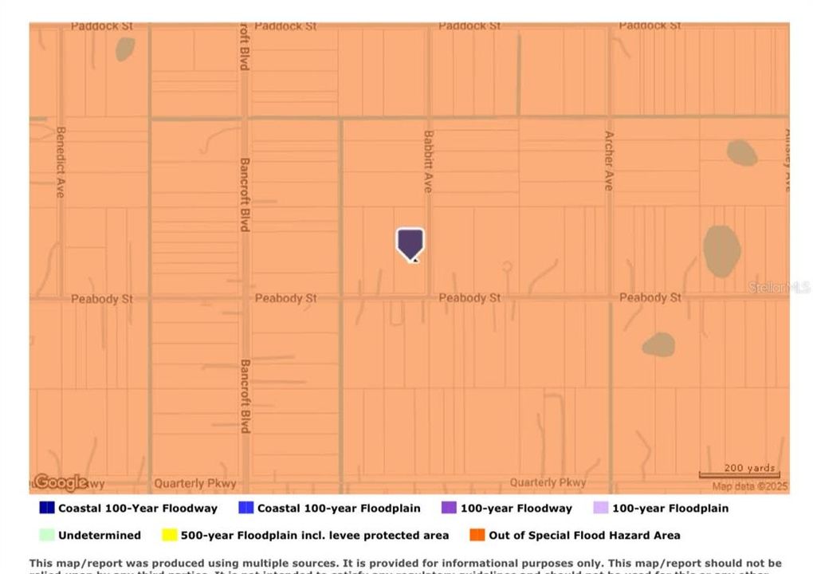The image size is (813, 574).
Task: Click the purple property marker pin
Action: (x=410, y=243)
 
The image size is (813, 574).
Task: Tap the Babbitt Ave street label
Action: (x=428, y=161)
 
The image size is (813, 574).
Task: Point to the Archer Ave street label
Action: (x=609, y=160)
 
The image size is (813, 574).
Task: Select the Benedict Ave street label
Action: (x=61, y=162)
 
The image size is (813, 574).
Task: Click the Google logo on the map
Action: (x=60, y=482)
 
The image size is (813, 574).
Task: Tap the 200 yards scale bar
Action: (x=739, y=474)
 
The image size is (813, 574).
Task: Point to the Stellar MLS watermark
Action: (x=779, y=287)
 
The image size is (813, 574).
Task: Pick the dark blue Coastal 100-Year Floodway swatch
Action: (x=47, y=508)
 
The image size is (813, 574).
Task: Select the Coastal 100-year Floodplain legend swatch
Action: (x=245, y=508)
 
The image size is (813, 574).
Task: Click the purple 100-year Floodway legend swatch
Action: (x=449, y=508)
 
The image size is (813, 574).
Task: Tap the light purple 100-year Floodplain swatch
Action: (x=601, y=508)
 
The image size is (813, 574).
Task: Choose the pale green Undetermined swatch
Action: (x=47, y=535)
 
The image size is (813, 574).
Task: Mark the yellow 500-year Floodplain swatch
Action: (x=169, y=535)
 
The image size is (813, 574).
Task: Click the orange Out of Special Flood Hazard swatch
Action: (x=477, y=535)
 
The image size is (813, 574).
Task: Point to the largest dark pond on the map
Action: (x=721, y=251)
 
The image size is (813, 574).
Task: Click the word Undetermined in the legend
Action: (x=100, y=535)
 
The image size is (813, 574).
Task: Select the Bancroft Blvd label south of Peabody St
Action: (x=245, y=396)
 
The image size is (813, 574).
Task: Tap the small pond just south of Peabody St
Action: (x=658, y=344)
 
